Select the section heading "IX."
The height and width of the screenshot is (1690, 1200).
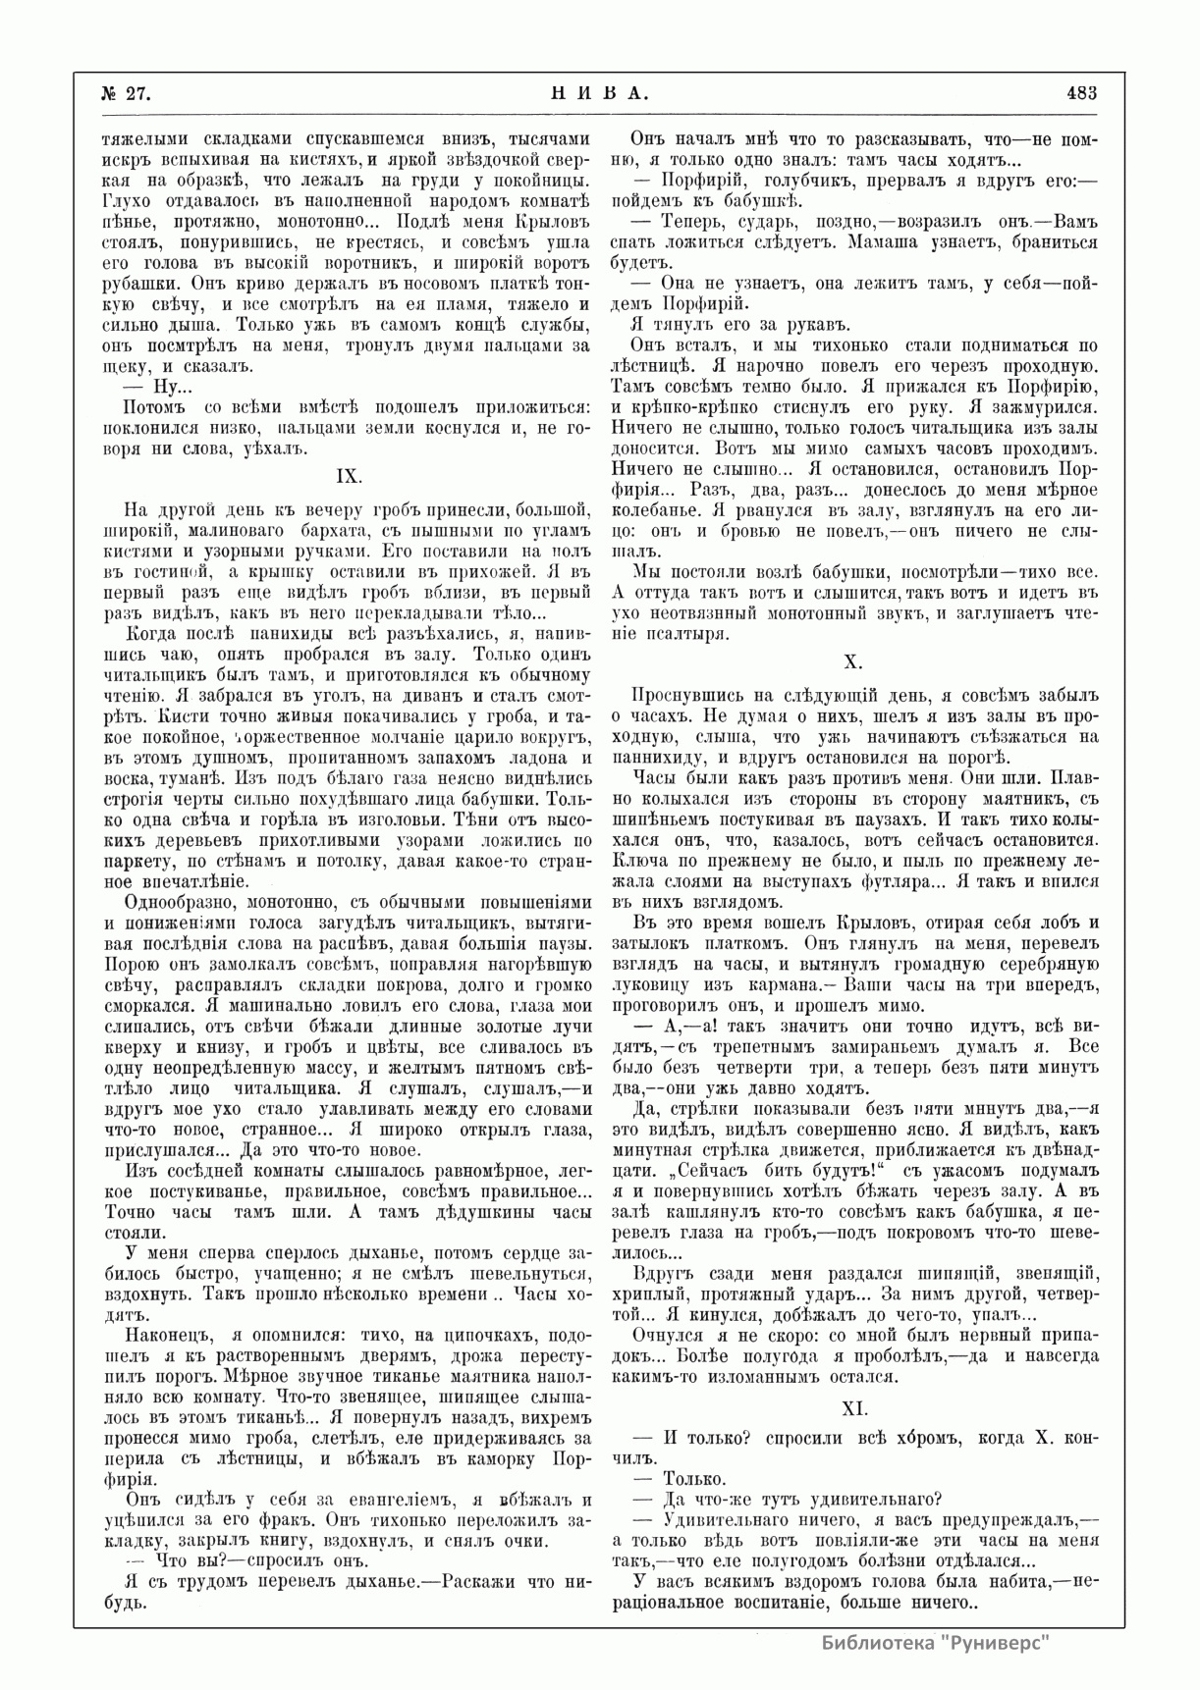pos(350,476)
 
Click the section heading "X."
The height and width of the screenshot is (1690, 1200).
pos(852,663)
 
